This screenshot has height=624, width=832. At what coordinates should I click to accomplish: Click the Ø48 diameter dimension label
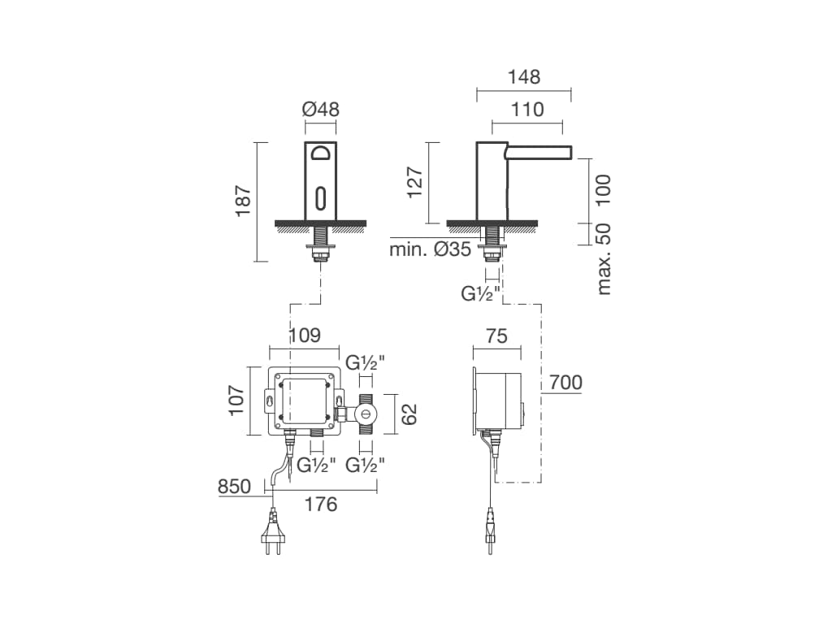click(320, 110)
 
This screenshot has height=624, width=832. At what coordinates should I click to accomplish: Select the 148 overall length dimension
click(524, 77)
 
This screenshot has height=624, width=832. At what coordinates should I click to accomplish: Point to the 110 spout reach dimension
click(527, 110)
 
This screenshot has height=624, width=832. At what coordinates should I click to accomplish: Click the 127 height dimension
click(414, 182)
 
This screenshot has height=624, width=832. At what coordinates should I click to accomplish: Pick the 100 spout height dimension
click(604, 190)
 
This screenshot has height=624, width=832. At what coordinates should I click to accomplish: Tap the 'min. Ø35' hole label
click(431, 249)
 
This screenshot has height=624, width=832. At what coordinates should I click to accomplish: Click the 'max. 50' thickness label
click(604, 259)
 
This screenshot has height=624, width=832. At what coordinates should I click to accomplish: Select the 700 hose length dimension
click(565, 382)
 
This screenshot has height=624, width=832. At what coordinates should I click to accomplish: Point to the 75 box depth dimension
click(496, 336)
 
